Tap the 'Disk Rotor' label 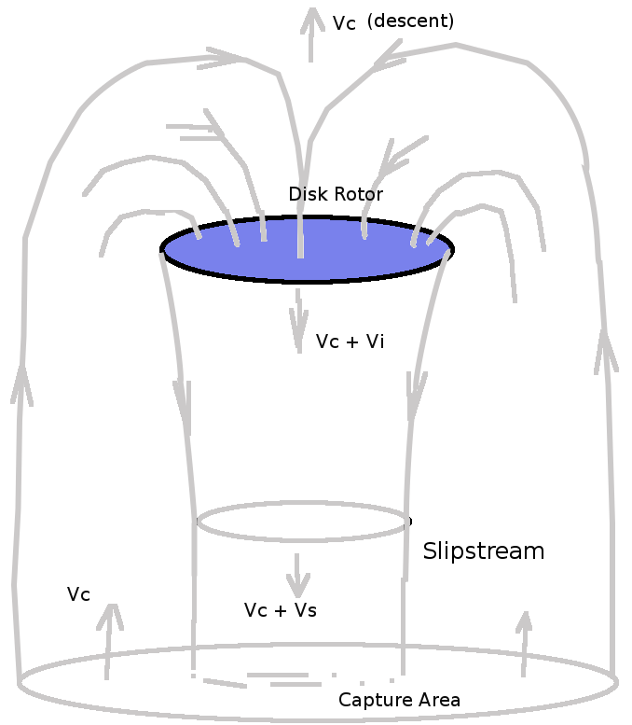click(336, 194)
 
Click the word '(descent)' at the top click(410, 21)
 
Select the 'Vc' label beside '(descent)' click(344, 23)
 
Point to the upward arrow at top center click(311, 33)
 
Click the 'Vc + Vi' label click(350, 342)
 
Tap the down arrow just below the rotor click(298, 322)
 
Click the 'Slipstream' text click(483, 551)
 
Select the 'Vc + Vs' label click(280, 610)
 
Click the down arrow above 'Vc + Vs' click(297, 575)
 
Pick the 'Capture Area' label click(399, 700)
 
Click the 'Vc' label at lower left click(78, 594)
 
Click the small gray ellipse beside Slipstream click(303, 522)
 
